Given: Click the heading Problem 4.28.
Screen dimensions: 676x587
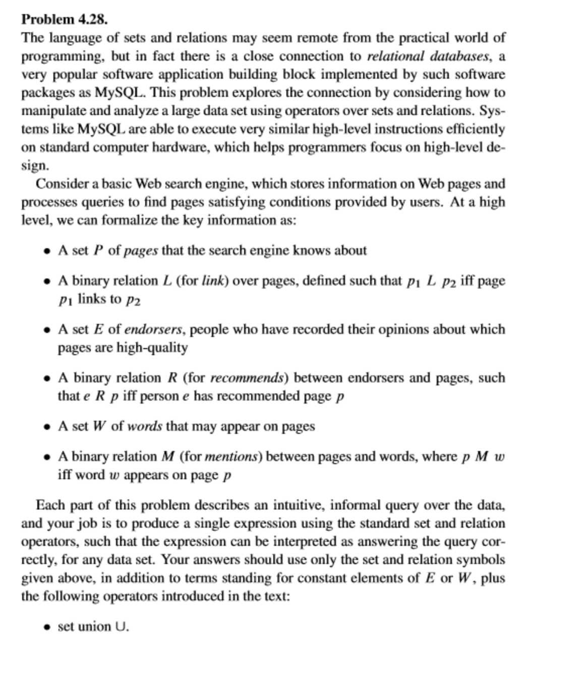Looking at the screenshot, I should tap(64, 20).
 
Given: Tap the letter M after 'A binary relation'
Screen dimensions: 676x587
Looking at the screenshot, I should tap(167, 457).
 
